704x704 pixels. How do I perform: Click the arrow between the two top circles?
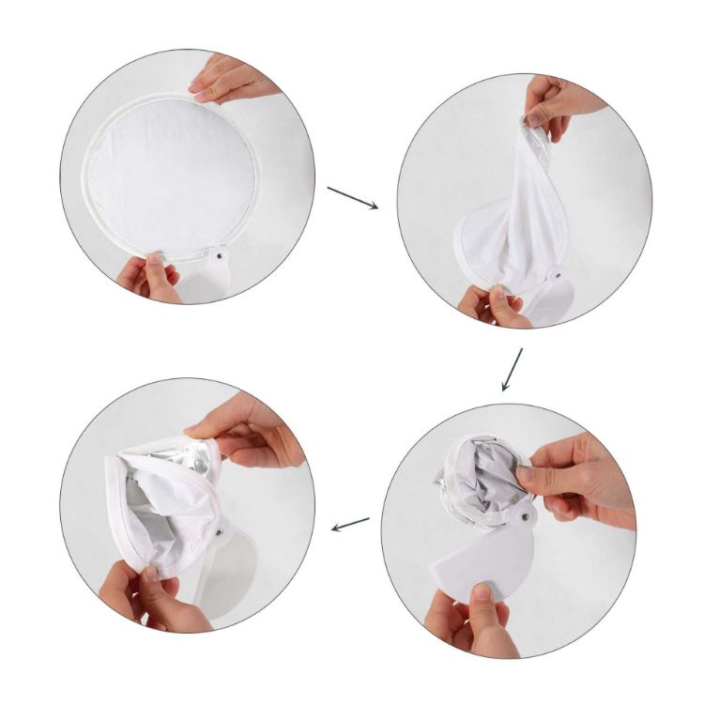352,197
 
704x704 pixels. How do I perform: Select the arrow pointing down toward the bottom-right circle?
513,369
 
